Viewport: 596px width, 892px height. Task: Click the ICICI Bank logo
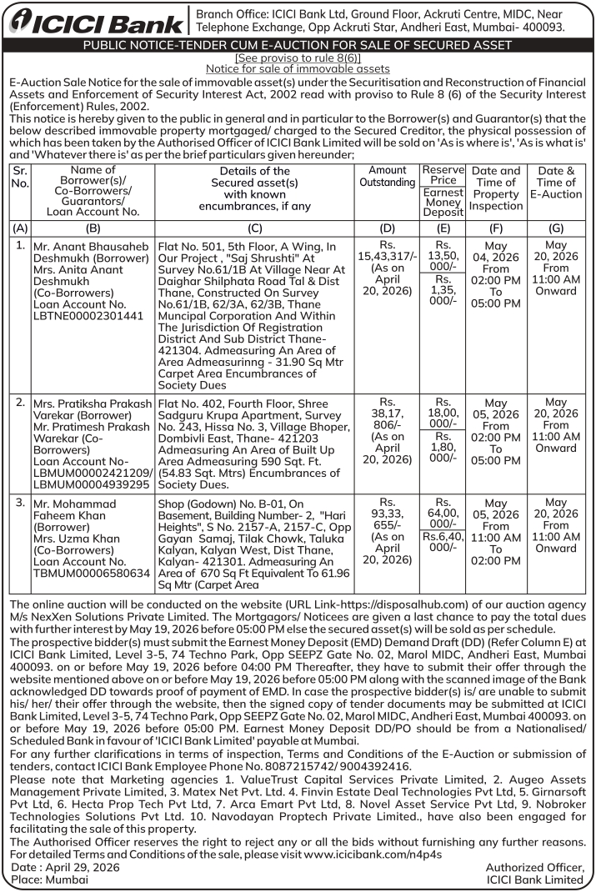94,23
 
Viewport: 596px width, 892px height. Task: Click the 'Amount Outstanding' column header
387,177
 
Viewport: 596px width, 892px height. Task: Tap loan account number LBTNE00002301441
88,318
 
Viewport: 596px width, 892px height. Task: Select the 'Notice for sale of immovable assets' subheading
298,68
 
